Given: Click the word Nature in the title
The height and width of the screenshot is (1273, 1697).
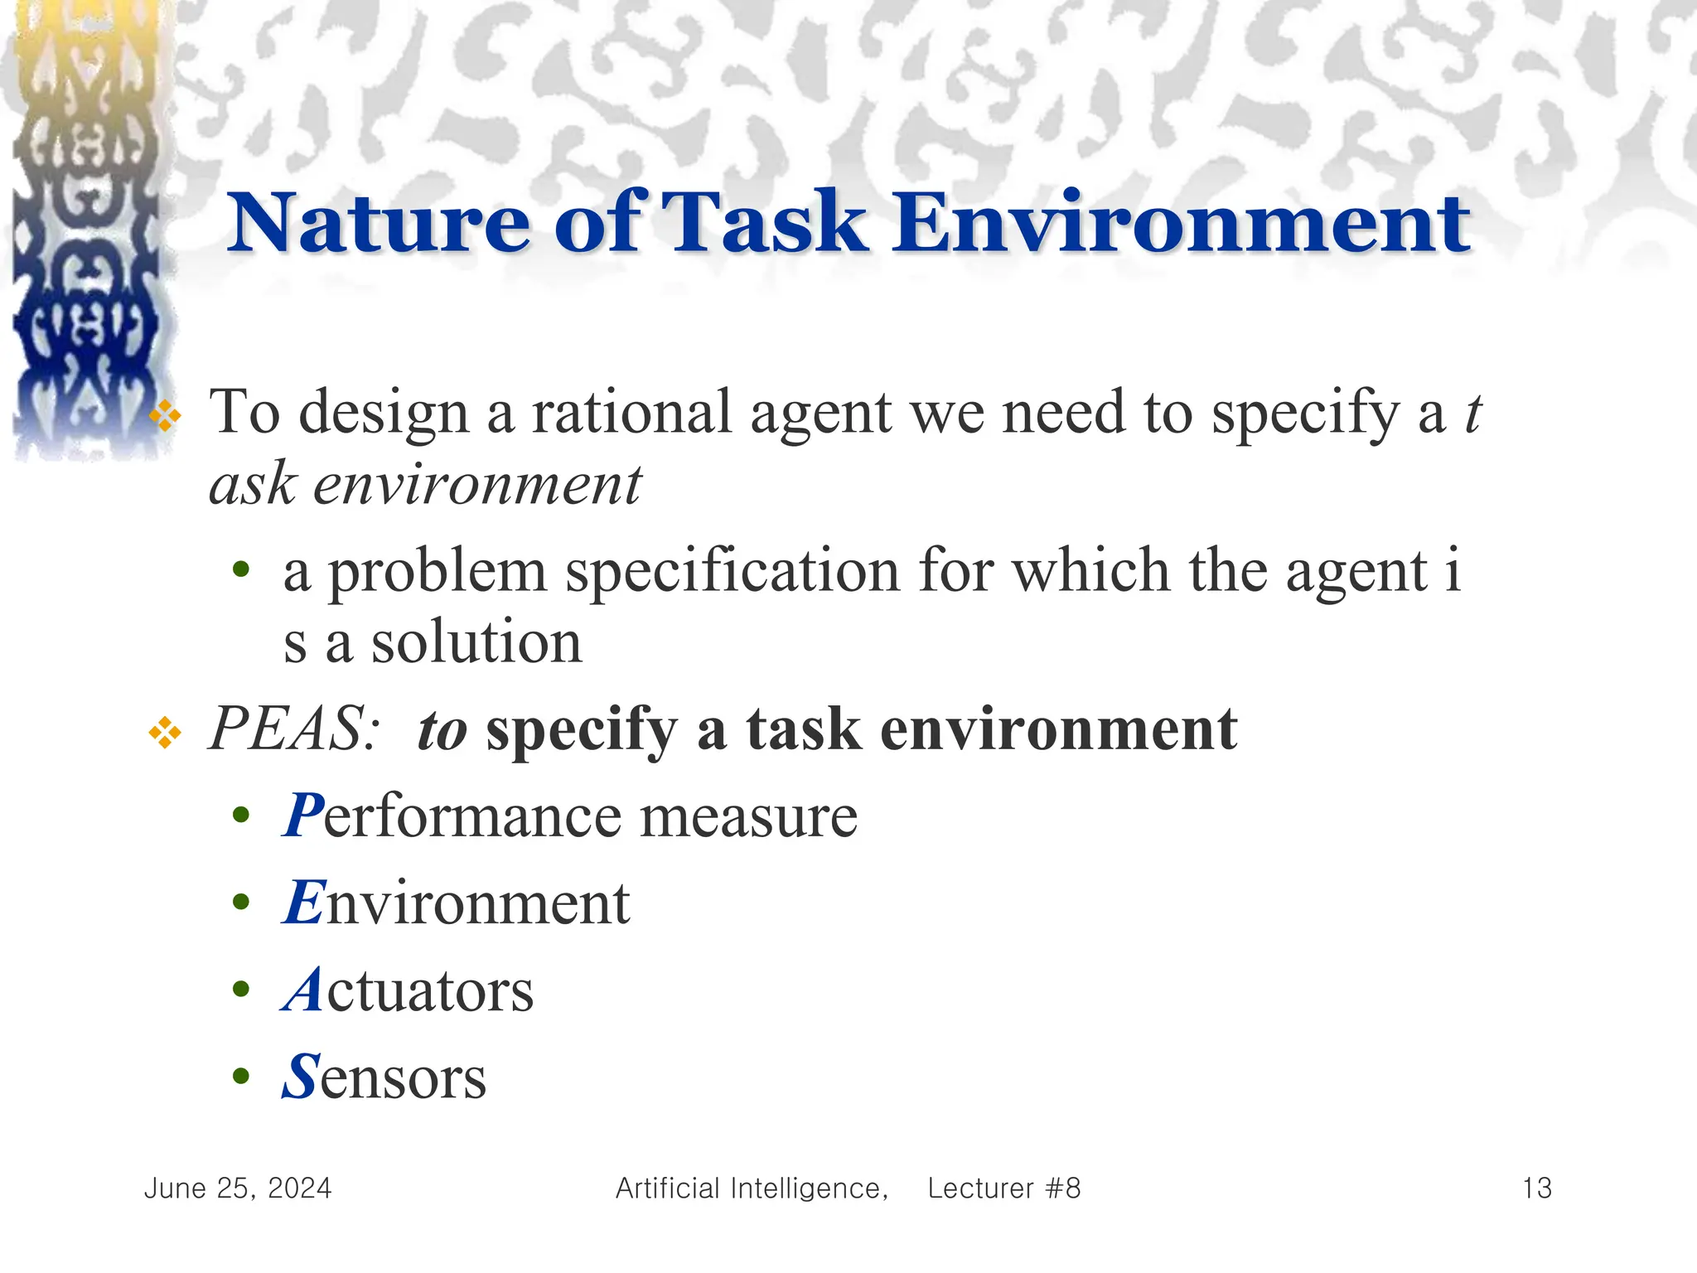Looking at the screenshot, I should click(378, 223).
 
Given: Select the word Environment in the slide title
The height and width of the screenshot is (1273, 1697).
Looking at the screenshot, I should click(1181, 223).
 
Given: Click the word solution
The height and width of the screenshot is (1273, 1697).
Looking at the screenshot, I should click(476, 643).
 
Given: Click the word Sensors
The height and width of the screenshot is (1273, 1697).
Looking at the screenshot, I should click(384, 1077).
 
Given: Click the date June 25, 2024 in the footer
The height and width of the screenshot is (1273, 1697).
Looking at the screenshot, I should click(238, 1188).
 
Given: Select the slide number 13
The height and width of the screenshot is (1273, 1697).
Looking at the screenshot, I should click(1537, 1188).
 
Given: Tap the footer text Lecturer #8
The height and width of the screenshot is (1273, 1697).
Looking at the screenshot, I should click(1004, 1188).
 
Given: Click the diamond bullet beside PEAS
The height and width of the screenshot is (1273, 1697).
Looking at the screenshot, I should click(165, 733).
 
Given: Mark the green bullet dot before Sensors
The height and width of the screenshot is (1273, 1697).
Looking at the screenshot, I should click(241, 1077).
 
